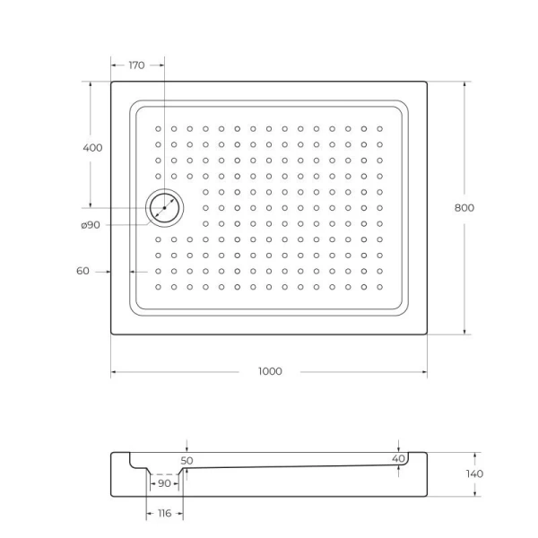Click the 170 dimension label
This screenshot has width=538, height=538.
136,65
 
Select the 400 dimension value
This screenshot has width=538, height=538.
91,147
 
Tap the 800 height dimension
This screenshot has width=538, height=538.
464,207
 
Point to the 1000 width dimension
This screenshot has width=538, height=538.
269,371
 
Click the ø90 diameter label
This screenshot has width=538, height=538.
90,225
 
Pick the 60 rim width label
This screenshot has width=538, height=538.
82,271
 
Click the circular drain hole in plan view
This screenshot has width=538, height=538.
165,207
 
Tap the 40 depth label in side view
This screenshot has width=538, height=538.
399,458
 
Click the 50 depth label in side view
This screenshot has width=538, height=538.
187,460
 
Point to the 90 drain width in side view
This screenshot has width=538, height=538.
164,483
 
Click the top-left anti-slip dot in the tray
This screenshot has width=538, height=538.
158,128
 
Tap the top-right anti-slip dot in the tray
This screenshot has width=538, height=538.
380,128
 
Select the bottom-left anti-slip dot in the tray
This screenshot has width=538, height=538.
158,287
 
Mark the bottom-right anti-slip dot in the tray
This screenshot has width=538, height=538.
380,287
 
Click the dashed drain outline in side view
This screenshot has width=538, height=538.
165,475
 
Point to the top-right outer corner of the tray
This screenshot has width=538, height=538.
427,82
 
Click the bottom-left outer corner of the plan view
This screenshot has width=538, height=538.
111,334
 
